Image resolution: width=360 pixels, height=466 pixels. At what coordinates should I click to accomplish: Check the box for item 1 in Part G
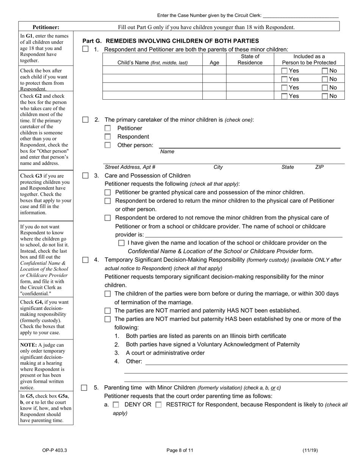click(85, 49)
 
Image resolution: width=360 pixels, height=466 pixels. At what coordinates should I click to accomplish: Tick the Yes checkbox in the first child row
click(284, 70)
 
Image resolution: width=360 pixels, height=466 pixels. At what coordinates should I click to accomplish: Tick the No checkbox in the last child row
click(325, 96)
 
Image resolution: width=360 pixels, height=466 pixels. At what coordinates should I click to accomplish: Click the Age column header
click(214, 63)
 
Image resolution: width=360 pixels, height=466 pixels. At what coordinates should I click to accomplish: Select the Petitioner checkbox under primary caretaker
click(108, 128)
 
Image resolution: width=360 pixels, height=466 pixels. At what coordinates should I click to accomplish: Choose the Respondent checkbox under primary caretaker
click(108, 137)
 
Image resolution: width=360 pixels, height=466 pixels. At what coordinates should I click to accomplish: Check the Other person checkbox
click(108, 145)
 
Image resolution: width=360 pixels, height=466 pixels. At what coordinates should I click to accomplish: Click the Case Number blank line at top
click(300, 16)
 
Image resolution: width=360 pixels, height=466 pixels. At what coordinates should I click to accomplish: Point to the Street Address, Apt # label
click(130, 167)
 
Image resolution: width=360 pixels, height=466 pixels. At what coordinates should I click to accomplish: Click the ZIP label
click(319, 167)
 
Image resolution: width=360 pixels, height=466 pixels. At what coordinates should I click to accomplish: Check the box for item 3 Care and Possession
click(85, 175)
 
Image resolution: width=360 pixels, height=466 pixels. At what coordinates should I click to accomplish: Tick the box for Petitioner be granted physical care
click(108, 192)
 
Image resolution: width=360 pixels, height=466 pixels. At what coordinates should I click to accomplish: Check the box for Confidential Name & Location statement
click(121, 243)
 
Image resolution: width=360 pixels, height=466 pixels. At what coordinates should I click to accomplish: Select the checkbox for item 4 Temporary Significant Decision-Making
click(85, 260)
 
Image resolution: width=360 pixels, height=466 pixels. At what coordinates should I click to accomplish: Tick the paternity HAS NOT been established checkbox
click(108, 311)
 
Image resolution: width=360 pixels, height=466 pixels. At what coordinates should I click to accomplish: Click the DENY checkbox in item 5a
click(116, 405)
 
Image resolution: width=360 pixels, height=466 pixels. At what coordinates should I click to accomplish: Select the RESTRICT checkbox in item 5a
click(158, 405)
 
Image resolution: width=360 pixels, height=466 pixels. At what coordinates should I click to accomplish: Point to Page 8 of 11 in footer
click(180, 450)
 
